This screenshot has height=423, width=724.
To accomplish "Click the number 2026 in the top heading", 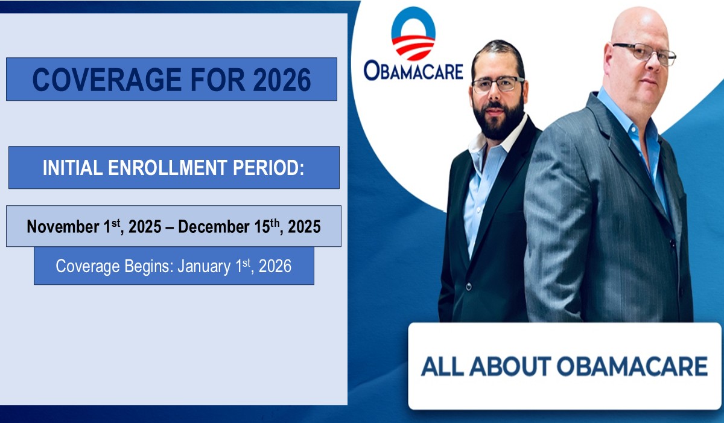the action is click(282, 80).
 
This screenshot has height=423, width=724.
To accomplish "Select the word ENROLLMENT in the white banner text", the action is click(167, 167).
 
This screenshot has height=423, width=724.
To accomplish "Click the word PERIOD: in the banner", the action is click(268, 167).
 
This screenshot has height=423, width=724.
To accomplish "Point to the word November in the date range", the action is click(63, 226).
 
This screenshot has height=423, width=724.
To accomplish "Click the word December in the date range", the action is click(214, 226).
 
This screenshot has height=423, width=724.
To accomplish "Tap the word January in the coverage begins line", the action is click(204, 266).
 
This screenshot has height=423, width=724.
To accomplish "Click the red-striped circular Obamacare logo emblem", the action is click(413, 33).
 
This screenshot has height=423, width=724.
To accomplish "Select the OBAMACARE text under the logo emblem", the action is click(413, 71).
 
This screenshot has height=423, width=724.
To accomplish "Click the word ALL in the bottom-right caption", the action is click(442, 366).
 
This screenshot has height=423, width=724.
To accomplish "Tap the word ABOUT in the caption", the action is click(510, 366).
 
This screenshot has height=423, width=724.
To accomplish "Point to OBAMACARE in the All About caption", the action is click(632, 366).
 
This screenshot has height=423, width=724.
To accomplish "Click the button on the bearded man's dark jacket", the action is click(469, 286).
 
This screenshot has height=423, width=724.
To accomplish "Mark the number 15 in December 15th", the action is click(262, 226).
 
